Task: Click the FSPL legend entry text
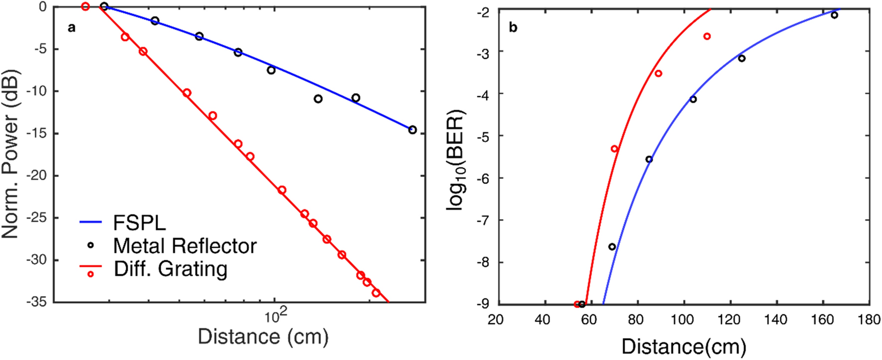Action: point(139,223)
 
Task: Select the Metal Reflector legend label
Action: point(185,246)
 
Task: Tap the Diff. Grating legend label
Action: point(171,269)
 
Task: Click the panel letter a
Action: point(72,27)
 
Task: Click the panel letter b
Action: point(513,27)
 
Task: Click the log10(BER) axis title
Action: point(456,160)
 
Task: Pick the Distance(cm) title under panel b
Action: point(683,346)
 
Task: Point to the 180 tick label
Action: point(869,319)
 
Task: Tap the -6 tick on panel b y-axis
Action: point(483,178)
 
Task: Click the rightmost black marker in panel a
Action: point(412,130)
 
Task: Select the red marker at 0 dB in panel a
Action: point(85,6)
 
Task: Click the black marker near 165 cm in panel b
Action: point(834,15)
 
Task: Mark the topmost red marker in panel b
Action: point(707,36)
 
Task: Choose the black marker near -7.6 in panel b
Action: point(612,247)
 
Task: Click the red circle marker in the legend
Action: point(91,274)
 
